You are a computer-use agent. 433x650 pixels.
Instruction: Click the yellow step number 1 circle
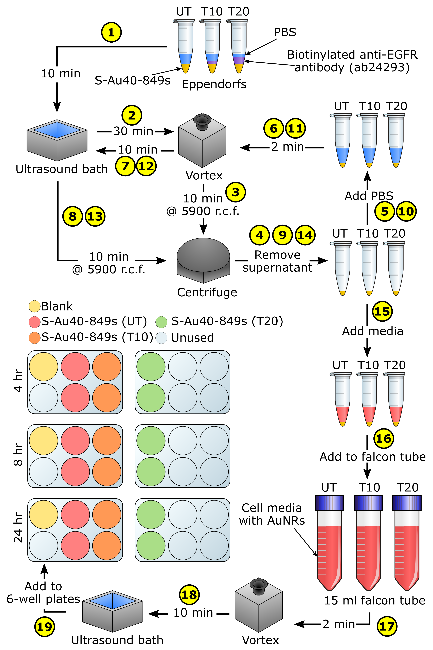pyautogui.click(x=111, y=32)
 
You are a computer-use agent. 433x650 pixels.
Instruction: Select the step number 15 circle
pyautogui.click(x=382, y=311)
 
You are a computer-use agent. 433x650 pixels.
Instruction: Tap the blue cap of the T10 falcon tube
pyautogui.click(x=368, y=503)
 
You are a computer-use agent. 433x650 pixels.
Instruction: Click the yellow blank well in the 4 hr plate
pyautogui.click(x=44, y=367)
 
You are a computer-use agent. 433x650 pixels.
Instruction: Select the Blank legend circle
pyautogui.click(x=34, y=306)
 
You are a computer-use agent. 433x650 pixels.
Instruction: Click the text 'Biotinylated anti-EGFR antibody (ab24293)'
pyautogui.click(x=352, y=61)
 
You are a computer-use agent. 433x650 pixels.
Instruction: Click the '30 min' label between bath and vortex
pyautogui.click(x=133, y=131)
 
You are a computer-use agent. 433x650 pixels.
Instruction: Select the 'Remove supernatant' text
pyautogui.click(x=277, y=261)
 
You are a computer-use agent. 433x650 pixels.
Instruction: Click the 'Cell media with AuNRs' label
pyautogui.click(x=272, y=514)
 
